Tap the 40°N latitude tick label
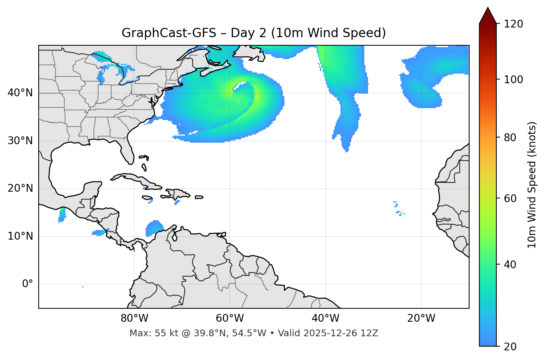pyautogui.click(x=20, y=93)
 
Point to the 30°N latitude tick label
pyautogui.click(x=20, y=141)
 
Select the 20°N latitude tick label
pyautogui.click(x=20, y=188)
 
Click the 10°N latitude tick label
pyautogui.click(x=20, y=236)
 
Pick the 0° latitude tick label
pyautogui.click(x=28, y=284)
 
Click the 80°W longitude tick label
pyautogui.click(x=134, y=318)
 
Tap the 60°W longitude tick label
pyautogui.click(x=230, y=318)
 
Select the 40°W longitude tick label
pyautogui.click(x=325, y=318)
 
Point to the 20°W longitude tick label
pyautogui.click(x=421, y=318)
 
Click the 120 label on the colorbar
pyautogui.click(x=513, y=24)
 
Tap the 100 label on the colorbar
pyautogui.click(x=513, y=80)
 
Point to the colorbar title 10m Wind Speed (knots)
pyautogui.click(x=532, y=185)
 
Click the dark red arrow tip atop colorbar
pyautogui.click(x=488, y=15)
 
